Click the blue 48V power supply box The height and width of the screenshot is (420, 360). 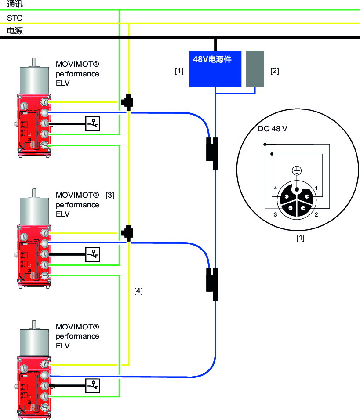[x=215, y=69]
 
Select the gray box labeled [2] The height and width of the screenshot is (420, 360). [x=255, y=69]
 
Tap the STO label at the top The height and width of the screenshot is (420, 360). [x=15, y=18]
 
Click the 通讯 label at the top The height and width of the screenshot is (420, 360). [x=15, y=5]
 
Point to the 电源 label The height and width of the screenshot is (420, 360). [x=15, y=31]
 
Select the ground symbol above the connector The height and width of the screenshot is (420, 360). [x=297, y=171]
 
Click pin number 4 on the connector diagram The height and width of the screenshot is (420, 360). [x=275, y=188]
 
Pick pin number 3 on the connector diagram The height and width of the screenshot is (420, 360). [x=275, y=215]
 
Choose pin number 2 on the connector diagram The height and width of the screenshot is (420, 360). [x=316, y=215]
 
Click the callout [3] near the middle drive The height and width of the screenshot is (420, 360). [x=110, y=196]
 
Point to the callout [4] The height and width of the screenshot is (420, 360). [x=138, y=291]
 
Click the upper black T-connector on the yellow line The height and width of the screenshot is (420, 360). [x=128, y=101]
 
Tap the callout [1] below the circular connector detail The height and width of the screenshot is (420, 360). [x=300, y=239]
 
